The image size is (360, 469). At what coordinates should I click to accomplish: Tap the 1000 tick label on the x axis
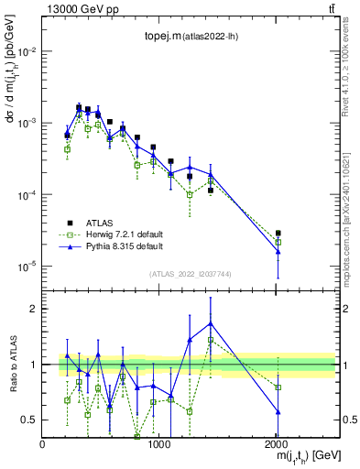159,444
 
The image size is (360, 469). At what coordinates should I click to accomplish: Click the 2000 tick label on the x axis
277,444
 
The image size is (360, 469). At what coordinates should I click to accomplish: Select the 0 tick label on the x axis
43,444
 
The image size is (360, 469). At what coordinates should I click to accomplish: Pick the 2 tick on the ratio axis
33,309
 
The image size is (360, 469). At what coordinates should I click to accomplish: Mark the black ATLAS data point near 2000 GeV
278,234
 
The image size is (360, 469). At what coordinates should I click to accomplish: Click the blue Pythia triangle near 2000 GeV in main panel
278,252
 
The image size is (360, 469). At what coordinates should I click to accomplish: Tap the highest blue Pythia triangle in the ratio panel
212,322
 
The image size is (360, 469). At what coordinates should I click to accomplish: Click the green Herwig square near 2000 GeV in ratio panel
278,387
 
